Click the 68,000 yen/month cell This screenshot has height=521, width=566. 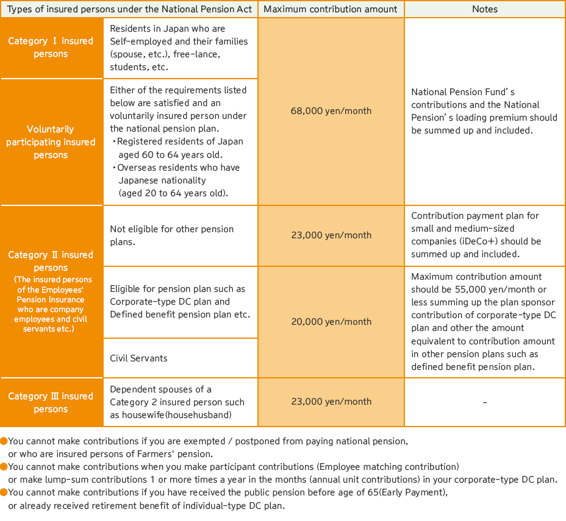coord(331,111)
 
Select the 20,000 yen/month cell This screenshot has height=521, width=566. coord(331,322)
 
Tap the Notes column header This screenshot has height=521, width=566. coord(485,9)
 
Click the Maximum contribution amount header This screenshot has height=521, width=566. coord(331,9)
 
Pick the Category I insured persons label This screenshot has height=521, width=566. coord(51,48)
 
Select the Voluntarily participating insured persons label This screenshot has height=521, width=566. coord(51,142)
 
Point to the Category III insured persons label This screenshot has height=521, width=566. coord(51,402)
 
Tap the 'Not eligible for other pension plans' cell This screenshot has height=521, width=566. coord(172,235)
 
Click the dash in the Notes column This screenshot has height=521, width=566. coord(485,402)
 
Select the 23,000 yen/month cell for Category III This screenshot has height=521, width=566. coord(331,402)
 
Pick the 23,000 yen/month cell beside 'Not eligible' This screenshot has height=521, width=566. coord(331,235)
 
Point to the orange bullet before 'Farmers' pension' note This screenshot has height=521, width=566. coord(4,441)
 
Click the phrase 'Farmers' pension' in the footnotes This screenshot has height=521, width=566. coord(177,454)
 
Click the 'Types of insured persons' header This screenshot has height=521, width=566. coord(129,9)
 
